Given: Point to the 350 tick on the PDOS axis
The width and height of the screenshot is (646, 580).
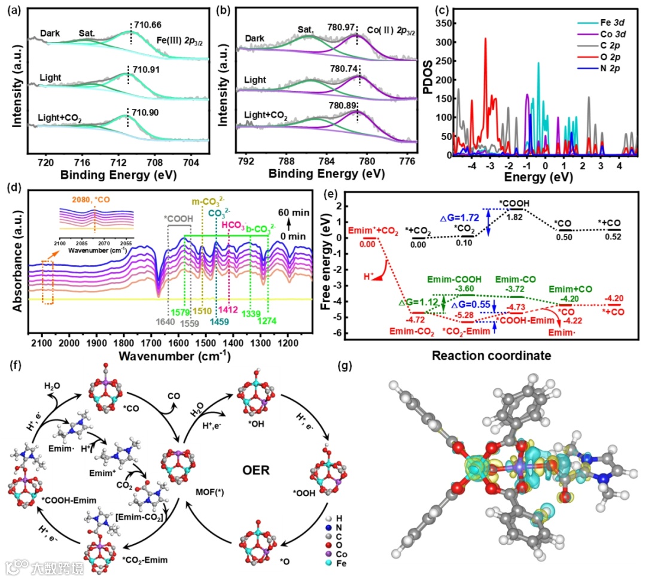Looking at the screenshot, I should (439, 23).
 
